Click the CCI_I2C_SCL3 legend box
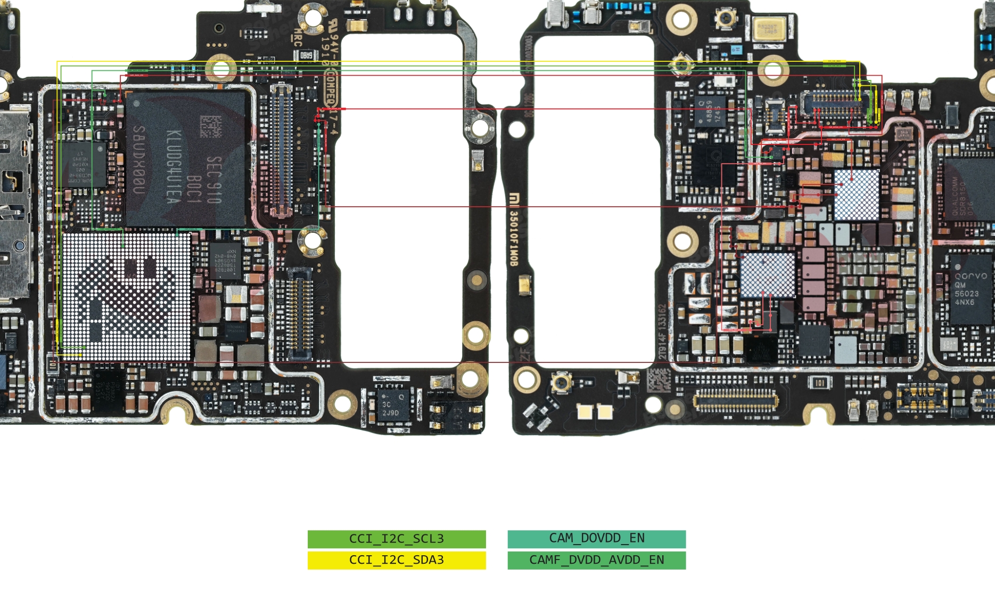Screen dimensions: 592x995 pyautogui.click(x=397, y=539)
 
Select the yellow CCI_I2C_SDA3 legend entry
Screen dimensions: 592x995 pyautogui.click(x=397, y=560)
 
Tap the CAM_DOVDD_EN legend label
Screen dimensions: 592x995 pyautogui.click(x=596, y=539)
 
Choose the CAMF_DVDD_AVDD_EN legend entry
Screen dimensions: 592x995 pyautogui.click(x=596, y=560)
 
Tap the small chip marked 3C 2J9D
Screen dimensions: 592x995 pyautogui.click(x=391, y=408)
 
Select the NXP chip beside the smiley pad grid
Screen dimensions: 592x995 pyautogui.click(x=225, y=261)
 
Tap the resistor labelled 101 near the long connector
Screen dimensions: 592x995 pyautogui.click(x=819, y=383)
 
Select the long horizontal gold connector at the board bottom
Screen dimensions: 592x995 pyautogui.click(x=735, y=400)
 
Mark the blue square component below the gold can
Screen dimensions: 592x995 pyautogui.click(x=737, y=50)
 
